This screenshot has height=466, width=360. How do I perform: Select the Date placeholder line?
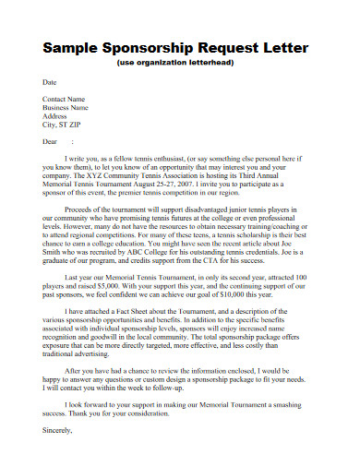(x=50, y=82)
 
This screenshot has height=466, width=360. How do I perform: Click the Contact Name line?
(x=64, y=98)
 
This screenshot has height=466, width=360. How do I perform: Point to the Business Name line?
(x=66, y=107)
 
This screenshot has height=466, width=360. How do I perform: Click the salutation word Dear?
(x=51, y=142)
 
